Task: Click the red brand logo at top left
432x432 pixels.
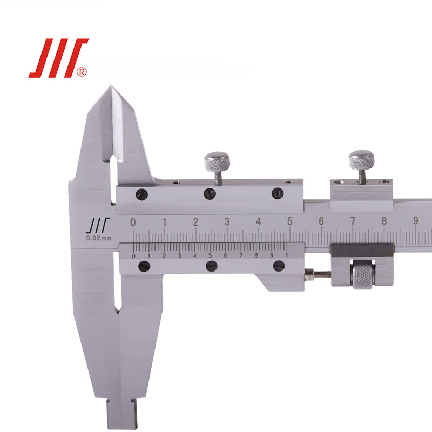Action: click(58, 58)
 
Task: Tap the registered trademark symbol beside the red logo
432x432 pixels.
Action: click(82, 72)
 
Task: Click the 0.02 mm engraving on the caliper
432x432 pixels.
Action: click(99, 238)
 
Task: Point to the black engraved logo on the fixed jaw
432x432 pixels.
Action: click(98, 225)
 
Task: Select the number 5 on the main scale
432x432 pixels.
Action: click(290, 221)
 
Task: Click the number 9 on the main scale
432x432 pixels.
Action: click(416, 220)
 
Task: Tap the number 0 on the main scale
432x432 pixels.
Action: click(133, 222)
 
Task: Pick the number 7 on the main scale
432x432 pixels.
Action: click(353, 221)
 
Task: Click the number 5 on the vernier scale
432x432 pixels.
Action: click(210, 255)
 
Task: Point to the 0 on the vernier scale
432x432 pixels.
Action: click(133, 256)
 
